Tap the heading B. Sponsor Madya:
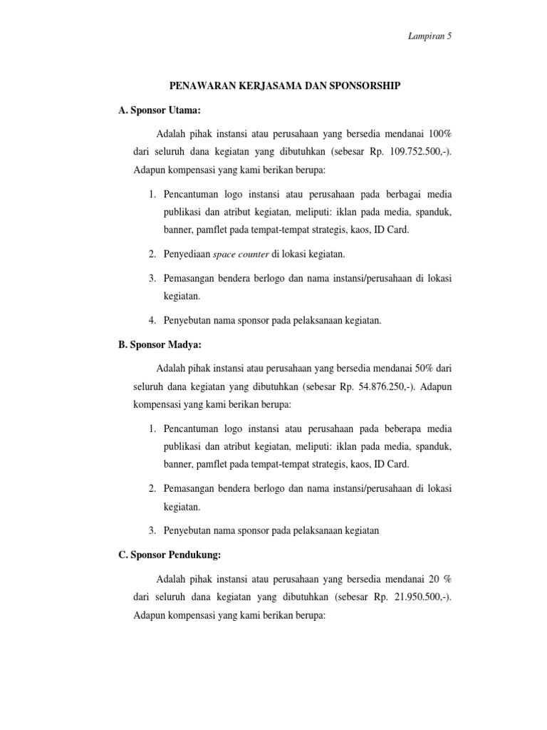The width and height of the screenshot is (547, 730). coord(150,344)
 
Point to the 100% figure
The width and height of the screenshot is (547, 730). coord(438,134)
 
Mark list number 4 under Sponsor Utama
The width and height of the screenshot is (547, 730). coord(152,320)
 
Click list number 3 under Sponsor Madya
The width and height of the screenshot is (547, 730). coord(152,530)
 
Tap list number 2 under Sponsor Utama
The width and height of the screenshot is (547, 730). coord(152,255)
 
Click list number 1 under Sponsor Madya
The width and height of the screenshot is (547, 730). coord(152,428)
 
